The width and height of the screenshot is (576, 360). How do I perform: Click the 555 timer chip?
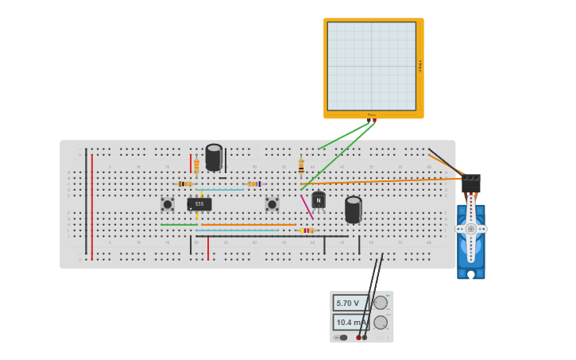[x=199, y=204]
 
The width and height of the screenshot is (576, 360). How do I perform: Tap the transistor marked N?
[x=319, y=200]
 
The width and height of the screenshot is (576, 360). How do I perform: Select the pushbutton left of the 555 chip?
[x=168, y=204]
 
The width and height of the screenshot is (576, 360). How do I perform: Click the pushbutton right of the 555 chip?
[x=272, y=204]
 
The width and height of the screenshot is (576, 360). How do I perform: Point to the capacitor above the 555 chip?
[x=214, y=157]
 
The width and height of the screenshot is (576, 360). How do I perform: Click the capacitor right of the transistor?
[x=354, y=209]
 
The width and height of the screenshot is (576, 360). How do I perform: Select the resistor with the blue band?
[x=253, y=184]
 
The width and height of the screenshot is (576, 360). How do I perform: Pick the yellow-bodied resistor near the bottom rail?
[x=307, y=230]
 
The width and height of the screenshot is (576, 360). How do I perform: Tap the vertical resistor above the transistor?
[x=301, y=166]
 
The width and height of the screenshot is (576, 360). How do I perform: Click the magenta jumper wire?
[x=307, y=207]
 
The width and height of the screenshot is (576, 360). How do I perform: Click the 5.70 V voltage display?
[x=350, y=303]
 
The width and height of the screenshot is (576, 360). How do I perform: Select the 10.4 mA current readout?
[x=350, y=322]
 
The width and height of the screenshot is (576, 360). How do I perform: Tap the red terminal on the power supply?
[x=358, y=338]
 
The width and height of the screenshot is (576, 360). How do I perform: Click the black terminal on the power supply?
[x=365, y=338]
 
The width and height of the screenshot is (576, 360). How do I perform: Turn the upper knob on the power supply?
[x=381, y=303]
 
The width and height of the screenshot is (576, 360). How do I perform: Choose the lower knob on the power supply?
[x=381, y=322]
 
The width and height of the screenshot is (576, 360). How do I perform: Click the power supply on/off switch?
[x=342, y=338]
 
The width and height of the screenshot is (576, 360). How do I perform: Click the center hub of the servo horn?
[x=470, y=229]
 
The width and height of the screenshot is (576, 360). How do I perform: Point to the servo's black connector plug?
[x=471, y=184]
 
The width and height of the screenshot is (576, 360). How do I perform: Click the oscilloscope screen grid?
[x=371, y=66]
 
